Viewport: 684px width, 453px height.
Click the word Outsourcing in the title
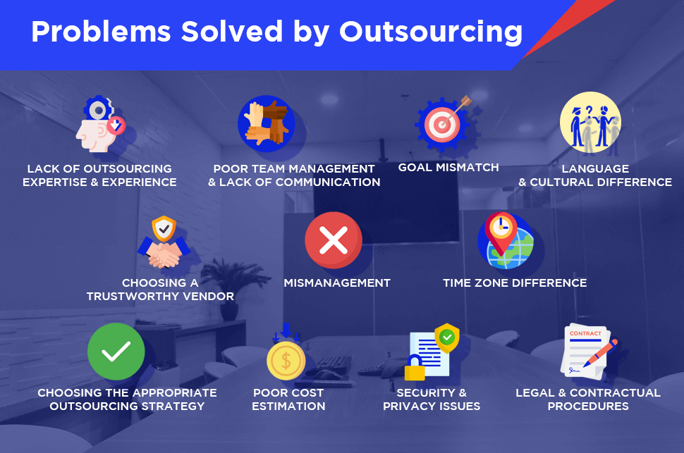coord(431,32)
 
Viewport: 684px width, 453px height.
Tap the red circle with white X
coord(334,240)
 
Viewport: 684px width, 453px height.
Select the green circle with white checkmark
coord(116,352)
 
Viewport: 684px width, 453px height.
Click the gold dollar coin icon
coord(286,361)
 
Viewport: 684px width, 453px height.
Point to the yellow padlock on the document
coord(415,368)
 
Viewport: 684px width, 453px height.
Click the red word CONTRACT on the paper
coord(585,333)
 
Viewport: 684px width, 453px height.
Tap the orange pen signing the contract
coord(600,353)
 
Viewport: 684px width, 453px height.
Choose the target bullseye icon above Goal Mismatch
coord(442,124)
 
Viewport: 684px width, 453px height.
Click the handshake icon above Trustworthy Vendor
coord(164,254)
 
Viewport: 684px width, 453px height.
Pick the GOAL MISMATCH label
coord(448,168)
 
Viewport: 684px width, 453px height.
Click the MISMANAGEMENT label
coord(337,283)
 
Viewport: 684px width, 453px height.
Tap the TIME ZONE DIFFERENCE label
coord(515,283)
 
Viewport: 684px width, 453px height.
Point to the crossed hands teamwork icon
coord(266,124)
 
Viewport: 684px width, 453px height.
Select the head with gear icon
coord(100,124)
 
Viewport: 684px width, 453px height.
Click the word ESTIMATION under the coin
coord(288,407)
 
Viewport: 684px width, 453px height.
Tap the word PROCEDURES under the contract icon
coord(588,407)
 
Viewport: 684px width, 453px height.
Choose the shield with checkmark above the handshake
coord(164,228)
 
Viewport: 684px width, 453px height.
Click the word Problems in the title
coord(101,32)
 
